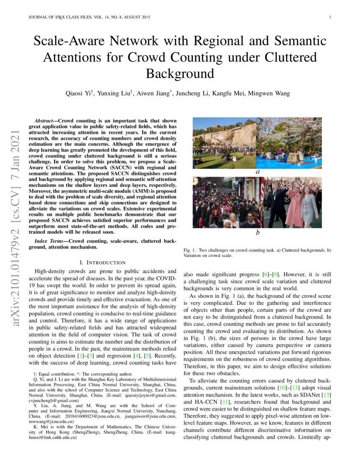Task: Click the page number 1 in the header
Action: [329, 17]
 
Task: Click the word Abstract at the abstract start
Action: [45, 121]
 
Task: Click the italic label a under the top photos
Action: [257, 172]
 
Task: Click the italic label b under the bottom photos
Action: [257, 233]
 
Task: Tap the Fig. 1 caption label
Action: [189, 250]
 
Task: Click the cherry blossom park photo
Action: [289, 143]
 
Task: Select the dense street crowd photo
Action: [228, 202]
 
